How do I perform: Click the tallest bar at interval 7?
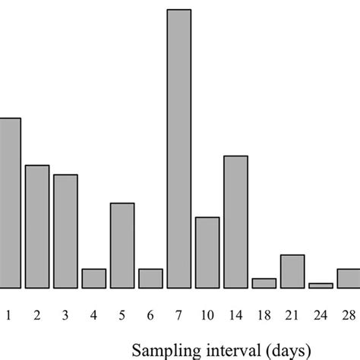click(x=178, y=149)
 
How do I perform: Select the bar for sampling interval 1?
click(x=9, y=204)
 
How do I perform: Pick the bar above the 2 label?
click(x=37, y=226)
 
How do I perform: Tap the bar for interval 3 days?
click(x=65, y=232)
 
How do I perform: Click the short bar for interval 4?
click(x=93, y=279)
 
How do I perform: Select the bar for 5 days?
click(x=122, y=245)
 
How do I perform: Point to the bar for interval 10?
click(x=207, y=253)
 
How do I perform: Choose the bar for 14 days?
click(x=235, y=222)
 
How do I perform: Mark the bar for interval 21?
click(x=292, y=271)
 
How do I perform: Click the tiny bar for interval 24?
click(x=321, y=286)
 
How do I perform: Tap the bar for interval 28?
click(x=349, y=279)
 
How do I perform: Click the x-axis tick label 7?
click(x=178, y=314)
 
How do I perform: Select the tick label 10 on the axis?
click(x=207, y=314)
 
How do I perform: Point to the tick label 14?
click(x=235, y=314)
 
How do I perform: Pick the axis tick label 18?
click(x=264, y=314)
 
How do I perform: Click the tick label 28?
click(x=349, y=314)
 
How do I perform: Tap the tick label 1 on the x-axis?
click(x=9, y=314)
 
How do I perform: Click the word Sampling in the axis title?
click(x=163, y=350)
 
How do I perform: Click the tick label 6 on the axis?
click(x=150, y=314)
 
